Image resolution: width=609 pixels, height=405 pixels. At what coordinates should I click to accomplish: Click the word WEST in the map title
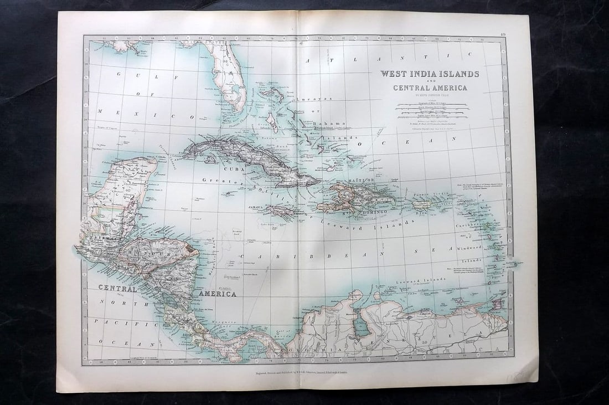tap(394, 74)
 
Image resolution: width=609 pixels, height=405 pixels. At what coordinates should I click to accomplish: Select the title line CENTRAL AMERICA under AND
tap(430, 88)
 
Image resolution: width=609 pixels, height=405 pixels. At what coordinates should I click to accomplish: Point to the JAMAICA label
tap(255, 207)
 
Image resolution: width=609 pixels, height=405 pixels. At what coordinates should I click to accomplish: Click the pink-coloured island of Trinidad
tap(497, 304)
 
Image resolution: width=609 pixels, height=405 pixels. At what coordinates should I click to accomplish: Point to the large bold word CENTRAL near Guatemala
tap(117, 288)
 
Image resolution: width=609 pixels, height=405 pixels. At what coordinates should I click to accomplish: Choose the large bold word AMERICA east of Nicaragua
tap(218, 294)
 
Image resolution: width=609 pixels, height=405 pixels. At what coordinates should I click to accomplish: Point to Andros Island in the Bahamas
tap(272, 122)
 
